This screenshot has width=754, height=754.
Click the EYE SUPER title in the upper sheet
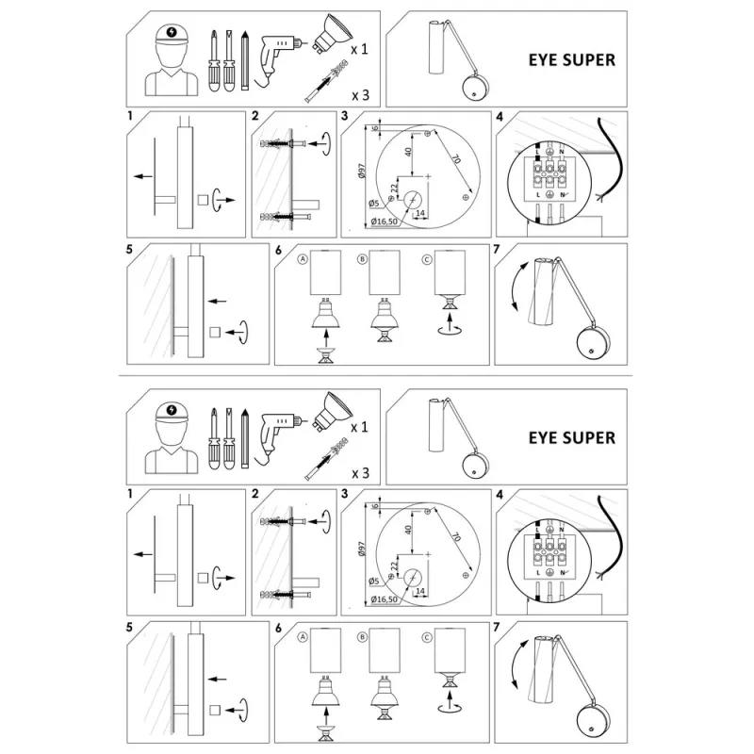tap(572, 60)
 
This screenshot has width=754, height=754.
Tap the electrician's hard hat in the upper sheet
tap(172, 35)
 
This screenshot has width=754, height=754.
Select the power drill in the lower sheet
tap(281, 437)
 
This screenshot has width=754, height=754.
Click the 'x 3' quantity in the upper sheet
tap(361, 95)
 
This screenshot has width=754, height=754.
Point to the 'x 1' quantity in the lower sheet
tap(360, 427)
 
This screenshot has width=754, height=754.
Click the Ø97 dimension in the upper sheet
tap(362, 171)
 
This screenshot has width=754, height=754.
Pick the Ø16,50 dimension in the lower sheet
tap(385, 599)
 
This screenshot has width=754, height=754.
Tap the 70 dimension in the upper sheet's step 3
tap(455, 158)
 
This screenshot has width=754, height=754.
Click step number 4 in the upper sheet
tap(500, 116)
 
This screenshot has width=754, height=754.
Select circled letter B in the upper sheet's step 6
tap(362, 259)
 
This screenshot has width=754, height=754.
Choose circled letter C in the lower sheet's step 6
tap(427, 638)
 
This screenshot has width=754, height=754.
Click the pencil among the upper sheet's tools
tap(245, 60)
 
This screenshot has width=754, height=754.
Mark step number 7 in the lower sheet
tap(497, 627)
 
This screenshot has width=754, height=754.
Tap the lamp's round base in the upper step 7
tap(593, 343)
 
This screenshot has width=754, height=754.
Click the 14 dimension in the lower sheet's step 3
tap(419, 591)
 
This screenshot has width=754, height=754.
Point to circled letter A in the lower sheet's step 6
tap(303, 637)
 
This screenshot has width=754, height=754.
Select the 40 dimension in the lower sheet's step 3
tap(408, 530)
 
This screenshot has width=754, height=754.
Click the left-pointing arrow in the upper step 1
tap(143, 176)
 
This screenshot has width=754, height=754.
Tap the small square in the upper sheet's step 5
tap(215, 332)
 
